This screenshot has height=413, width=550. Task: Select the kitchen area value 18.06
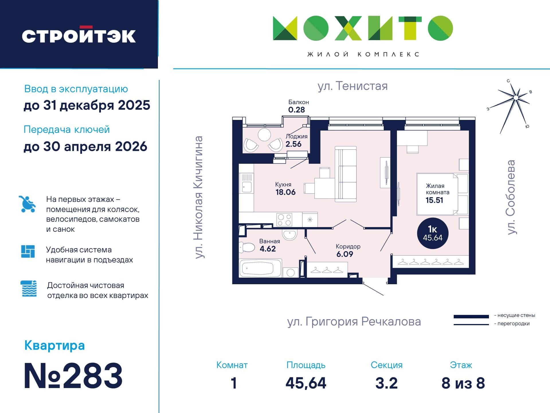pyautogui.click(x=285, y=192)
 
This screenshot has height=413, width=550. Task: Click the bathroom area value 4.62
pyautogui.click(x=268, y=249)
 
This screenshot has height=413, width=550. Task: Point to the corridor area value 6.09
pyautogui.click(x=345, y=254)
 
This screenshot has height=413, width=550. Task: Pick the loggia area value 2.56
pyautogui.click(x=293, y=144)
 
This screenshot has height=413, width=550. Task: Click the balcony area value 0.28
pyautogui.click(x=296, y=110)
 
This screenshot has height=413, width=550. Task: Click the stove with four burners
pyautogui.click(x=285, y=220)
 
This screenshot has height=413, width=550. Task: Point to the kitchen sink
pyautogui.click(x=246, y=187)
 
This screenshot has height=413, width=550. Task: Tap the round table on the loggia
pyautogui.click(x=264, y=135)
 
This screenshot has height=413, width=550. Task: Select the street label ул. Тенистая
pyautogui.click(x=353, y=86)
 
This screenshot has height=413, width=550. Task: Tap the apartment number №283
pyautogui.click(x=73, y=376)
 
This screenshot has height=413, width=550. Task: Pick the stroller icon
pyautogui.click(x=28, y=204)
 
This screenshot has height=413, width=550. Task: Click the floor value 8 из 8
pyautogui.click(x=463, y=383)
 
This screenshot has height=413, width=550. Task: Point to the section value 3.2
pyautogui.click(x=386, y=383)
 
